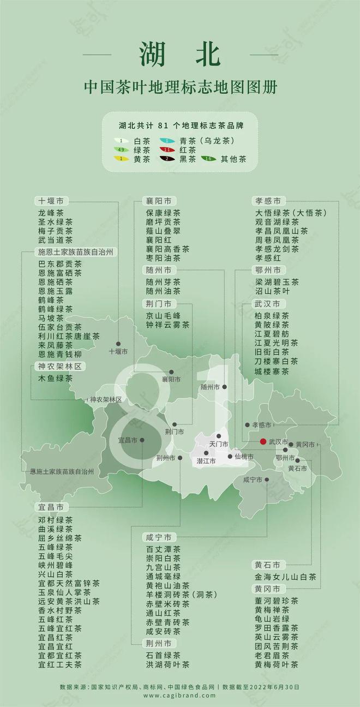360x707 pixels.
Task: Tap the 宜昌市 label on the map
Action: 127,440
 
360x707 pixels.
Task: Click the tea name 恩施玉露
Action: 55,291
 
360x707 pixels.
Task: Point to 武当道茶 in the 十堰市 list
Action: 55,239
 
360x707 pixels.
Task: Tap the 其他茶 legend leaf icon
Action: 206,159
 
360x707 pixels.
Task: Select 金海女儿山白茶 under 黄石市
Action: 285,577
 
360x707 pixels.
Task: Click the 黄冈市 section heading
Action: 267,589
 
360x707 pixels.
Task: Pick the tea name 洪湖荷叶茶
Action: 167,664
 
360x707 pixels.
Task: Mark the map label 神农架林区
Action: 106,399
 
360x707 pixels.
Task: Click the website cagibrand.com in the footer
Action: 179,696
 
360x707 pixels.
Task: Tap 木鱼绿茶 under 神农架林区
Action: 55,378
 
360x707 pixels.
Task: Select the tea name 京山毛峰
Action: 163,315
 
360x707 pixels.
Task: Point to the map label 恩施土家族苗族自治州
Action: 62,471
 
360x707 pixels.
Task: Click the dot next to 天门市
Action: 219,436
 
